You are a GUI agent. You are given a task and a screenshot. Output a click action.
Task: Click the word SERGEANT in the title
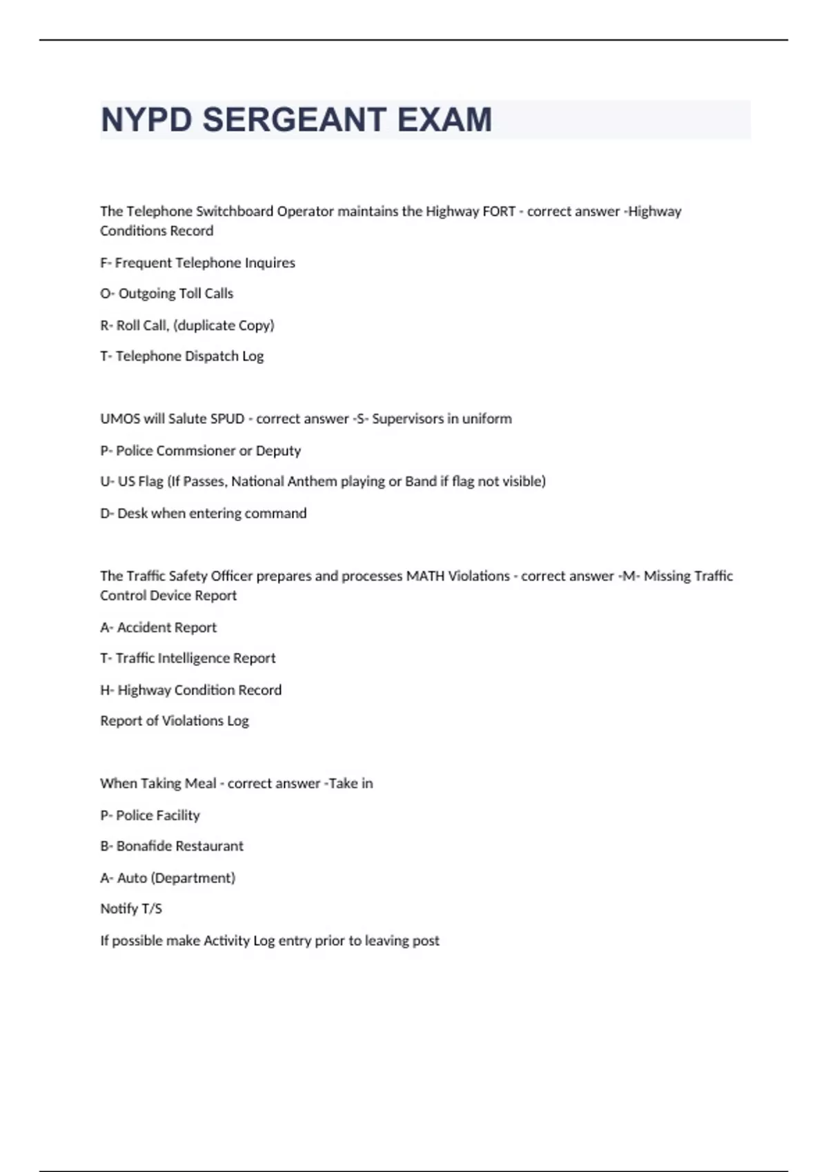click(x=295, y=120)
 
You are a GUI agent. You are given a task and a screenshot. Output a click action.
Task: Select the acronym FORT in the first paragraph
click(x=499, y=212)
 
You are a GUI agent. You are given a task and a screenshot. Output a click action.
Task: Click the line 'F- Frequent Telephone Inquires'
click(x=197, y=263)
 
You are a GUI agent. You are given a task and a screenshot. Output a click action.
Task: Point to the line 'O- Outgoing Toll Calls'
click(x=167, y=294)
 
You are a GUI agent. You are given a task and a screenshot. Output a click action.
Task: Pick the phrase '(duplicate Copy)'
click(x=224, y=325)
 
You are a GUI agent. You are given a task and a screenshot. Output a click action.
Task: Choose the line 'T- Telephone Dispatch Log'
click(x=182, y=356)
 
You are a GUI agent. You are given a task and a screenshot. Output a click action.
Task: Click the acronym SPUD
click(x=227, y=419)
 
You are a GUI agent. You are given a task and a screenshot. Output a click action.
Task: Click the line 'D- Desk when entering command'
click(x=204, y=514)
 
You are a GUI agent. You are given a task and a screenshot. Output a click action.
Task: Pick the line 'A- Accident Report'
click(x=159, y=627)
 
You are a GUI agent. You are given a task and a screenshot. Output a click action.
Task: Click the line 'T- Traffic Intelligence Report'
click(x=188, y=658)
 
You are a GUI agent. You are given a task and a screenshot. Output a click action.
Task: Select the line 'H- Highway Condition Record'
click(x=191, y=690)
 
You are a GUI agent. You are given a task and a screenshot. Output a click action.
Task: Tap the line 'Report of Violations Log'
click(x=175, y=721)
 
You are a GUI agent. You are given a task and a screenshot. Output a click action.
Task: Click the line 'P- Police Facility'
click(x=150, y=816)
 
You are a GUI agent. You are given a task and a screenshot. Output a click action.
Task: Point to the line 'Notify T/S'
click(x=131, y=909)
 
